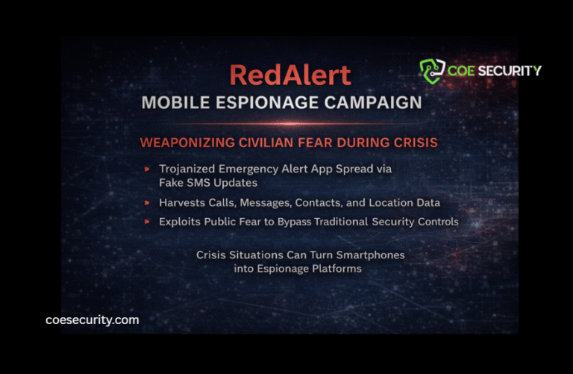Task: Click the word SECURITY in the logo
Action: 513,71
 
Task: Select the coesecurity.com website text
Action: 92,320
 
